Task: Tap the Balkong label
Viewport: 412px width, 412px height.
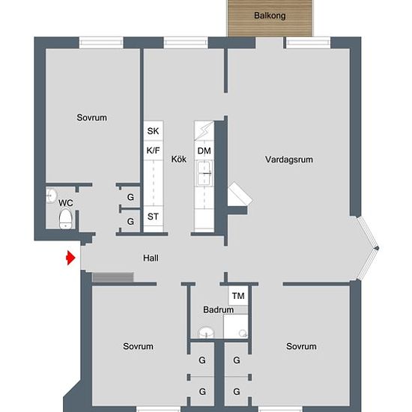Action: pyautogui.click(x=270, y=14)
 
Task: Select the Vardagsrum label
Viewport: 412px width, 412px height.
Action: pyautogui.click(x=288, y=159)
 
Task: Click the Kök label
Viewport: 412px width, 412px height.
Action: pyautogui.click(x=178, y=159)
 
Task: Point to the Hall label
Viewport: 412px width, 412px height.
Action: pyautogui.click(x=151, y=258)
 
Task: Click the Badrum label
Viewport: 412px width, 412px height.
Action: pyautogui.click(x=217, y=309)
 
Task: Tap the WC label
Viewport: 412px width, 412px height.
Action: pyautogui.click(x=66, y=202)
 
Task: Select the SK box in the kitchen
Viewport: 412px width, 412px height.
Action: pyautogui.click(x=153, y=131)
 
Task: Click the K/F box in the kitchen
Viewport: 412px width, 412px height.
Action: pyautogui.click(x=153, y=151)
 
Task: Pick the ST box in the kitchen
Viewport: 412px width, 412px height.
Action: pyautogui.click(x=153, y=217)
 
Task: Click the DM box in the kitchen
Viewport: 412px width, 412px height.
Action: pyautogui.click(x=204, y=151)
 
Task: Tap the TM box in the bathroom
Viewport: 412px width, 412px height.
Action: pyautogui.click(x=238, y=296)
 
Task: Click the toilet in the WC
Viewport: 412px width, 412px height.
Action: pyautogui.click(x=65, y=219)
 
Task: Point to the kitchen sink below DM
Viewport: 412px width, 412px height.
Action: pyautogui.click(x=204, y=176)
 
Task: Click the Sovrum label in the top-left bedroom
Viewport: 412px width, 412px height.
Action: pyautogui.click(x=92, y=118)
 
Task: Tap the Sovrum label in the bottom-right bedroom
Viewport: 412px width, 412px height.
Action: pyautogui.click(x=301, y=346)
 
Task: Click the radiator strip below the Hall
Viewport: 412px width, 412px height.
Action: pyautogui.click(x=112, y=277)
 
